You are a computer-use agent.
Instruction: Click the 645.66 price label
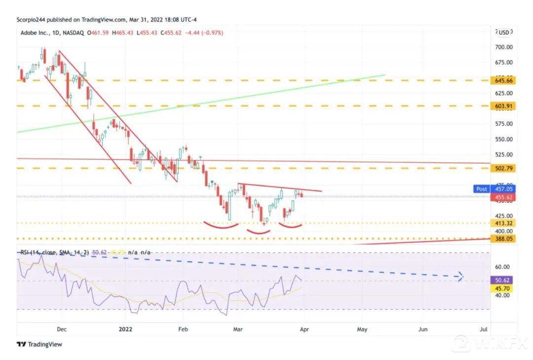click(x=504, y=80)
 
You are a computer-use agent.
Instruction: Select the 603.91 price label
click(x=504, y=106)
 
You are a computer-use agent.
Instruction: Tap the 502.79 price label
click(x=504, y=168)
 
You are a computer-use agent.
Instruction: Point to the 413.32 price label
click(x=504, y=223)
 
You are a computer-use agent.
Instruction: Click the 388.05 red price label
click(x=504, y=239)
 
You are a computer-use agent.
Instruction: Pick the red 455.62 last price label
click(x=504, y=197)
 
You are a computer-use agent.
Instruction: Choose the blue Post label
click(x=481, y=189)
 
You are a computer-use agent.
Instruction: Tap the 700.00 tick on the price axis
click(x=504, y=47)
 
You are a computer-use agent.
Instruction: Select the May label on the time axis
click(x=362, y=329)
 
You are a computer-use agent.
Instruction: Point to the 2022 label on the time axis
click(x=126, y=329)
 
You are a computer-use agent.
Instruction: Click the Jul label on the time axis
click(x=484, y=329)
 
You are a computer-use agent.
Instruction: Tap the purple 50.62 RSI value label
click(x=504, y=280)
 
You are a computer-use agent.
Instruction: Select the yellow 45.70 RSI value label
click(x=504, y=288)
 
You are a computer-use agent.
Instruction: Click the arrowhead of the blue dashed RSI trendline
click(x=460, y=277)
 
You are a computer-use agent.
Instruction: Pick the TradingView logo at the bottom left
click(x=39, y=344)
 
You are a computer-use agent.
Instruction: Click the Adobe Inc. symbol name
click(x=35, y=33)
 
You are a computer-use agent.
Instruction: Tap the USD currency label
click(x=504, y=33)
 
